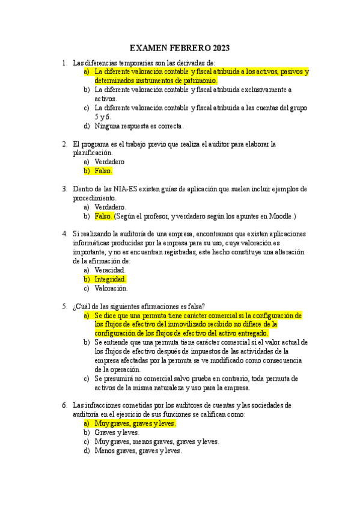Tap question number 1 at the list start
[64, 63]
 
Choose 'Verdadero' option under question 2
[109, 162]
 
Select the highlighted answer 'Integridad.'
[111, 279]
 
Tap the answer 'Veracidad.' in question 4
[110, 270]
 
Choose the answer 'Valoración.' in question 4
[111, 288]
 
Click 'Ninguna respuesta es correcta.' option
[139, 126]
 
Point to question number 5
[64, 306]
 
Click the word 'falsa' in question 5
[194, 306]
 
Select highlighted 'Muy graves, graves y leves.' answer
[135, 423]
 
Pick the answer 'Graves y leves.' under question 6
[117, 432]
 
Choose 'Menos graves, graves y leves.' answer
[138, 450]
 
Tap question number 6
[64, 405]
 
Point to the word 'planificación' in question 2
[92, 153]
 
